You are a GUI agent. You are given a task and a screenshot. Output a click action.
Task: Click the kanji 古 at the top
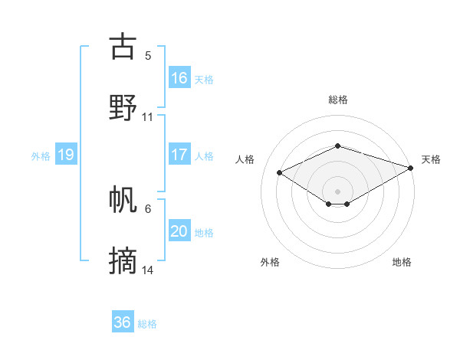tap(123, 47)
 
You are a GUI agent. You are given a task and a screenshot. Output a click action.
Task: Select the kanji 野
tap(123, 108)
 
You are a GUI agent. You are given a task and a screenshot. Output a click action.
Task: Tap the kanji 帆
tap(123, 200)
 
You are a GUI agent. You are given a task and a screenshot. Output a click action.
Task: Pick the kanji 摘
tap(123, 261)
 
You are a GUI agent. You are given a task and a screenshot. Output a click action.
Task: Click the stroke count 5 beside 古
tap(148, 56)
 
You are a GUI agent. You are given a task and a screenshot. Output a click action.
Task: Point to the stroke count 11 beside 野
tap(148, 117)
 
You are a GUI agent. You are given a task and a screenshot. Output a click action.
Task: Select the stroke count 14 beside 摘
tap(149, 270)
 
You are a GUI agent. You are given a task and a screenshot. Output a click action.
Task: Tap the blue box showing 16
tap(179, 78)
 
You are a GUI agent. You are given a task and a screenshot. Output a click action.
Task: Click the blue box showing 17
tap(179, 155)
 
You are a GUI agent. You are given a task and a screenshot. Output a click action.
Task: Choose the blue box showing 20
tap(179, 231)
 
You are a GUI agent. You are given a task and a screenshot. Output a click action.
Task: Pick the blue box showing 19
tap(66, 155)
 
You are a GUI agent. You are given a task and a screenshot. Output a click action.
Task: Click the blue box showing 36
tap(123, 322)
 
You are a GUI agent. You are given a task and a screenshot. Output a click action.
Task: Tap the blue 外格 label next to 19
tap(41, 155)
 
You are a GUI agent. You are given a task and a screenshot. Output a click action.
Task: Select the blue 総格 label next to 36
tap(147, 324)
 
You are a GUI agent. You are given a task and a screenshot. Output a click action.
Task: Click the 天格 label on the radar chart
tap(431, 159)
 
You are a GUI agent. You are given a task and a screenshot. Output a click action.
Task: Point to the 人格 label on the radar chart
tap(245, 159)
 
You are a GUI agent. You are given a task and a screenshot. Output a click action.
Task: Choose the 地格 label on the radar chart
tap(402, 262)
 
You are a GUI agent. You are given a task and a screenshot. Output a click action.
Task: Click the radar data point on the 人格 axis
tap(280, 172)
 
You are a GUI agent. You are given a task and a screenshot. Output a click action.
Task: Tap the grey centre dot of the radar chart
tap(337, 191)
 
